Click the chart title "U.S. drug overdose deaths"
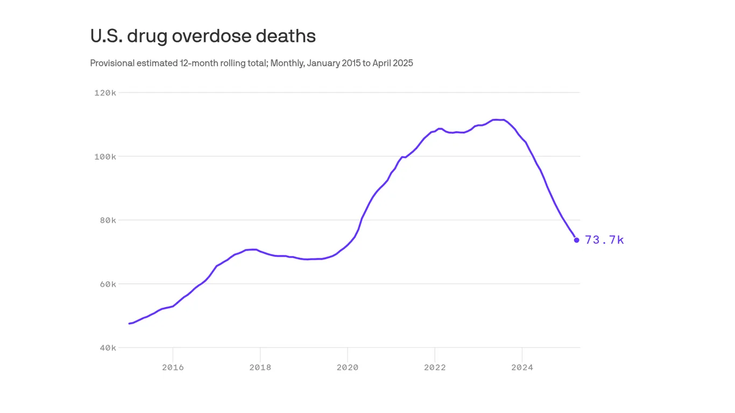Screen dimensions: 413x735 pos(203,36)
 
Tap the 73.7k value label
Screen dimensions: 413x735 pos(604,240)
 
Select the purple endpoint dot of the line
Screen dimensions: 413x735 pos(576,240)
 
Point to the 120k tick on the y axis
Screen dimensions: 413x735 pos(105,93)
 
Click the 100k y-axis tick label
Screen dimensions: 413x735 pos(105,156)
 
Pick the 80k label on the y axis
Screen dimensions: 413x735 pos(108,220)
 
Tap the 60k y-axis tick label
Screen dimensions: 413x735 pos(108,284)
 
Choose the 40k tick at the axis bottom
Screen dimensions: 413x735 pos(108,348)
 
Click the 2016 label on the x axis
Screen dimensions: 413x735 pos(173,368)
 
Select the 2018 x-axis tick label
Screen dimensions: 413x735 pos(260,368)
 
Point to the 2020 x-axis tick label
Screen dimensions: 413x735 pos(348,368)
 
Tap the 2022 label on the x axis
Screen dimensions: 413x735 pos(435,368)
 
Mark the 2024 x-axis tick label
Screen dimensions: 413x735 pos(522,368)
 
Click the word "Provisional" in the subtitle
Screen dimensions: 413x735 pos(112,63)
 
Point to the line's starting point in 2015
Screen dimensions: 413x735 pos(130,323)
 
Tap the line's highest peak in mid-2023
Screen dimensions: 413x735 pos(498,119)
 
